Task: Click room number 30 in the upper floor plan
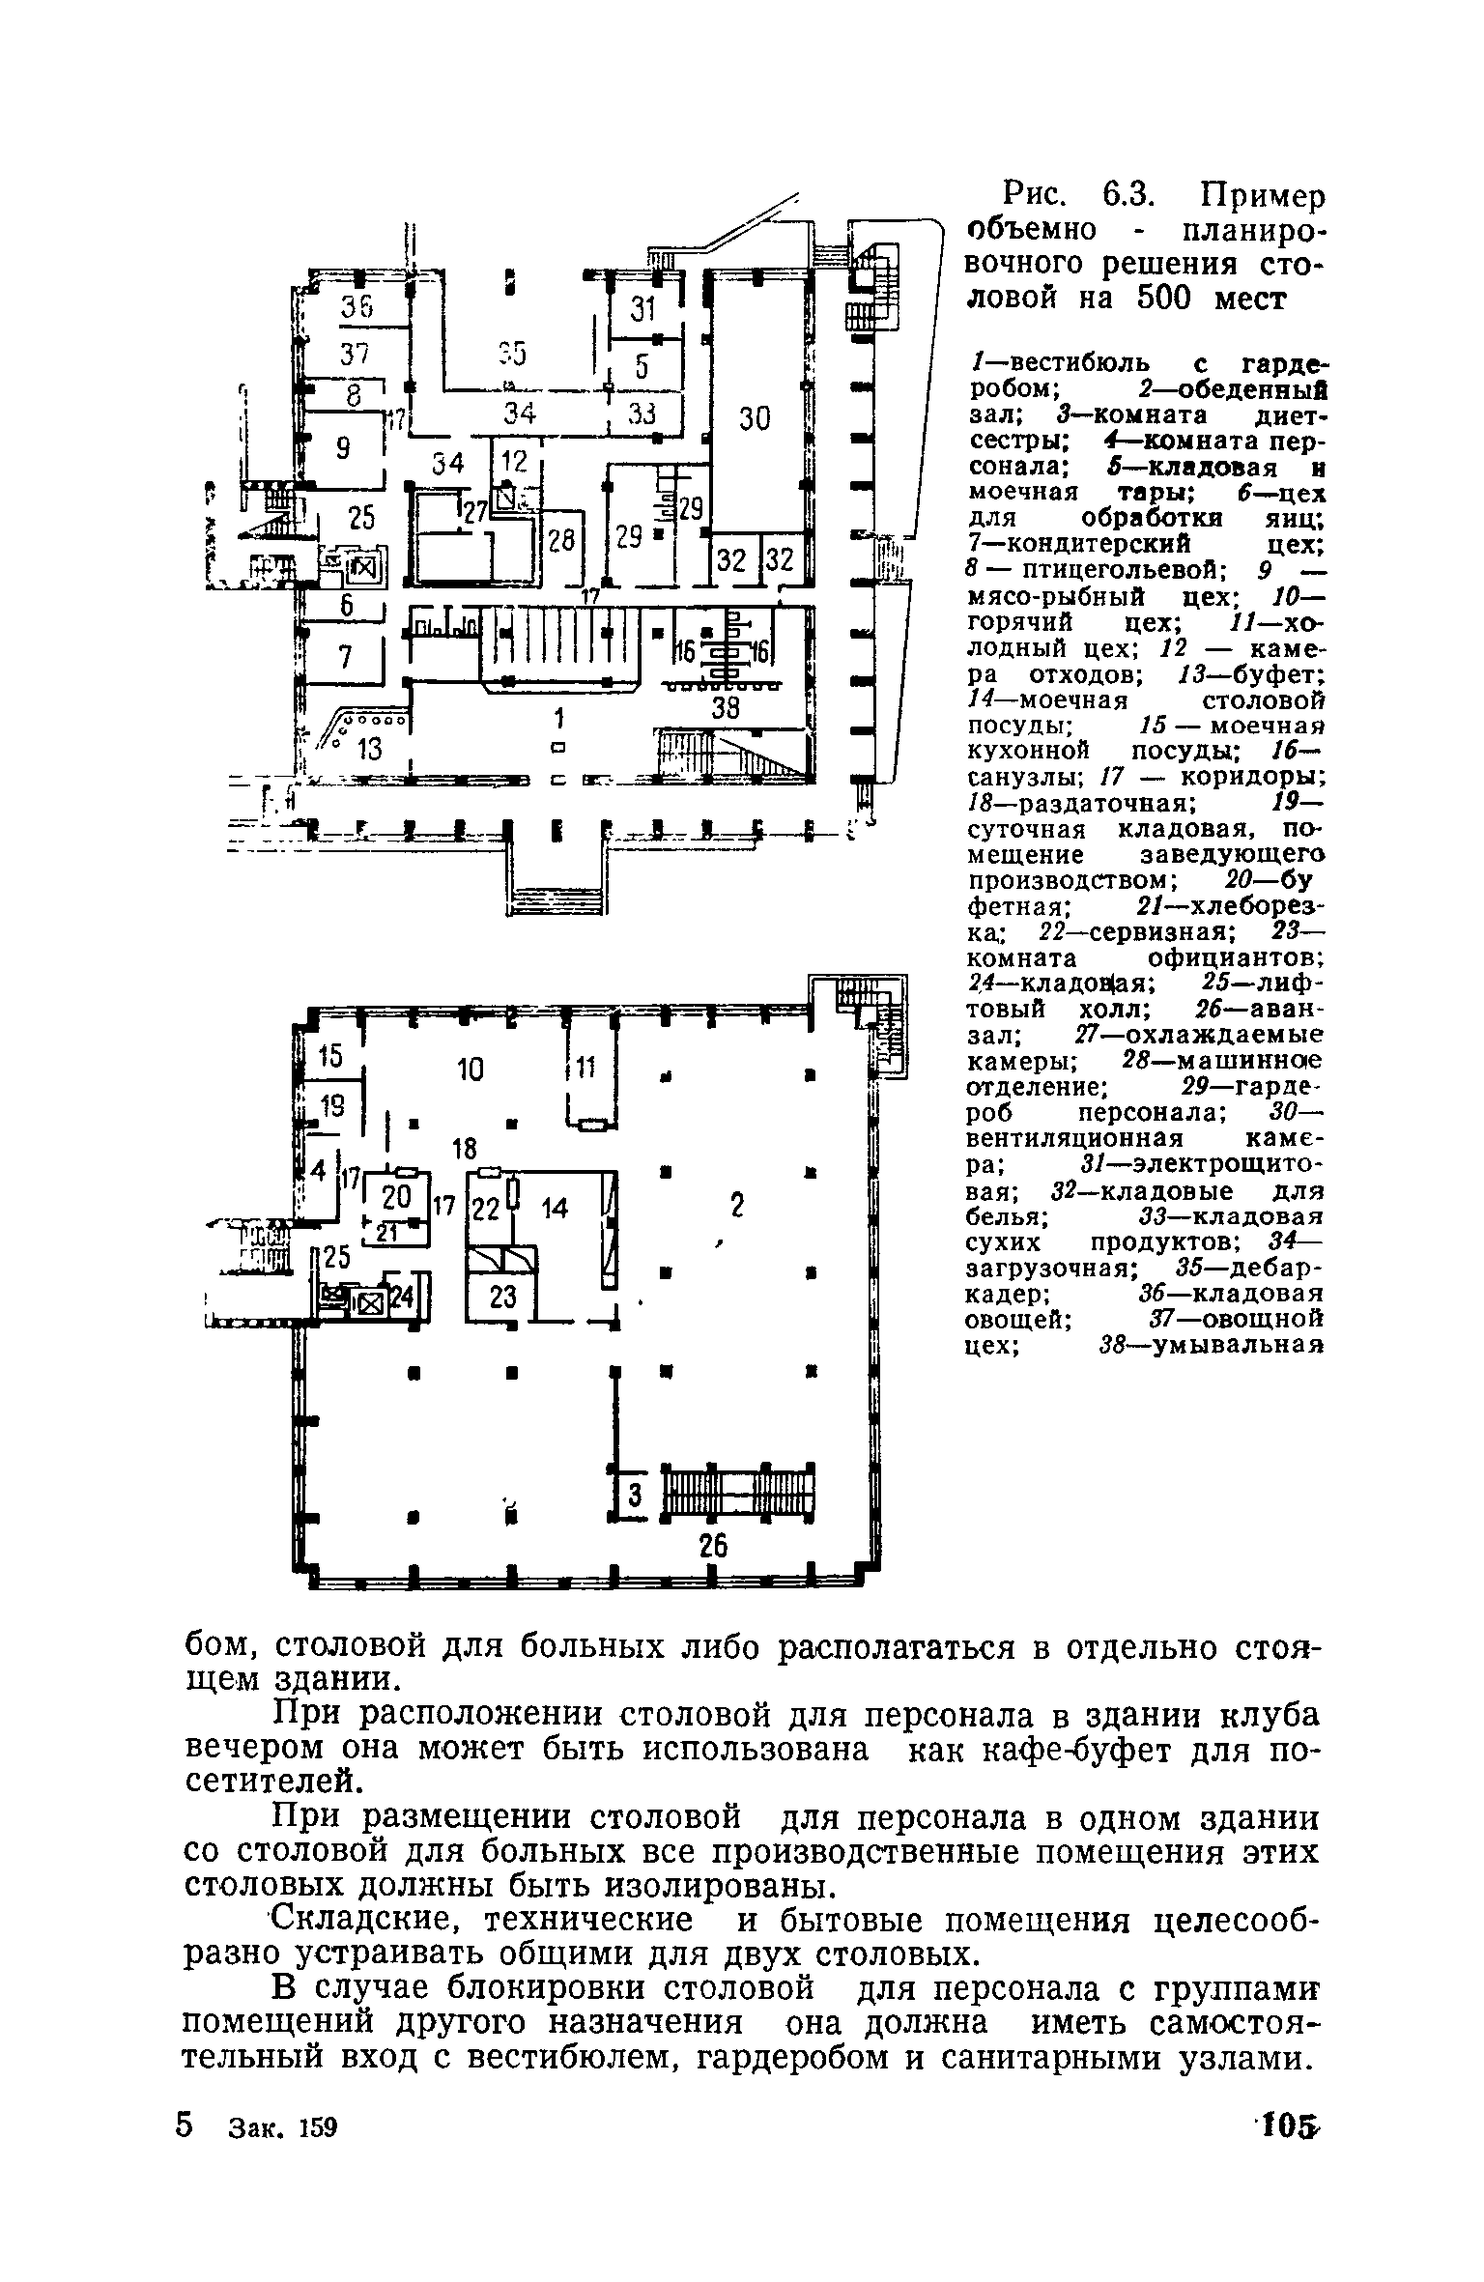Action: tap(756, 418)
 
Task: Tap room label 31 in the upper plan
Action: tap(642, 309)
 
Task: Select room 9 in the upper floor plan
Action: tap(343, 448)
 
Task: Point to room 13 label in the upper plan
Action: tap(369, 749)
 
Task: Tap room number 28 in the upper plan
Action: tap(561, 540)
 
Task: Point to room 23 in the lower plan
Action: tap(503, 1297)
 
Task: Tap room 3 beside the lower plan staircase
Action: tap(635, 1495)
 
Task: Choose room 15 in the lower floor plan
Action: tap(330, 1057)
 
